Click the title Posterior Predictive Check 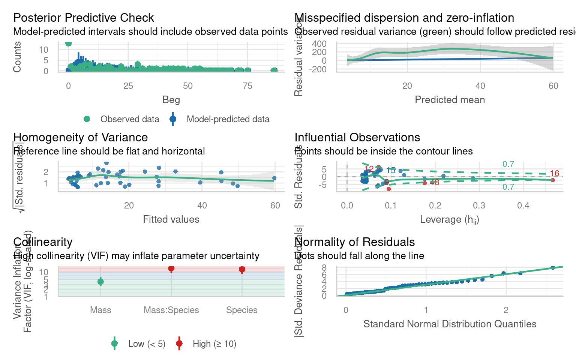point(84,18)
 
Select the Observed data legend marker point(87,119)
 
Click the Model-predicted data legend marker point(173,119)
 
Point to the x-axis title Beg point(171,100)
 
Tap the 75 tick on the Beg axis point(247,86)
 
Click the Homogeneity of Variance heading point(81,137)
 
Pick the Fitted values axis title point(171,219)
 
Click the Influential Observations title point(357,137)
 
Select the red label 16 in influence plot point(554,174)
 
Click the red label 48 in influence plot point(434,183)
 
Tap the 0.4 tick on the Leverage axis point(523,205)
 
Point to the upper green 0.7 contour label point(508,164)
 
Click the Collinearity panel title point(43,242)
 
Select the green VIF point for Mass point(100,282)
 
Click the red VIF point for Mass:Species point(171,268)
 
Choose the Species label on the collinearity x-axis point(242,310)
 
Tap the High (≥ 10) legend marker point(179,343)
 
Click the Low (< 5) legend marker point(115,343)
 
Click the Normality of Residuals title point(354,242)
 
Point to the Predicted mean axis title point(450,100)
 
